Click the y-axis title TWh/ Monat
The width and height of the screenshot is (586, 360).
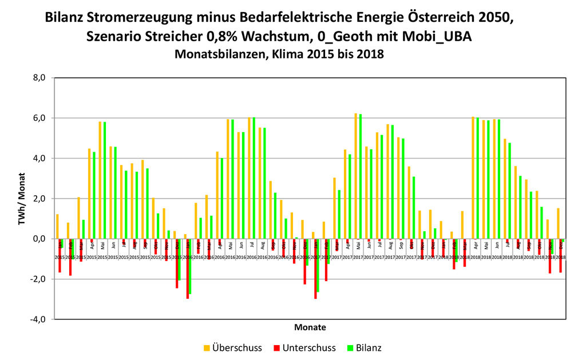pos(22,198)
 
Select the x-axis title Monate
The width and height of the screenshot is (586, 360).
pos(310,328)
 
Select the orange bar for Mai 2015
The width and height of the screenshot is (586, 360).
pos(100,180)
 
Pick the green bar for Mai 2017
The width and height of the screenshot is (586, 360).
pos(360,176)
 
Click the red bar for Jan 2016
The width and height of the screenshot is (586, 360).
pos(187,268)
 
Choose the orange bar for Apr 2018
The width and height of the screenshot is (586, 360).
pos(473,177)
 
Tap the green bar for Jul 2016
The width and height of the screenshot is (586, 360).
pos(254,177)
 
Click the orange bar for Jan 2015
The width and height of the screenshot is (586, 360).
pos(57,226)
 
